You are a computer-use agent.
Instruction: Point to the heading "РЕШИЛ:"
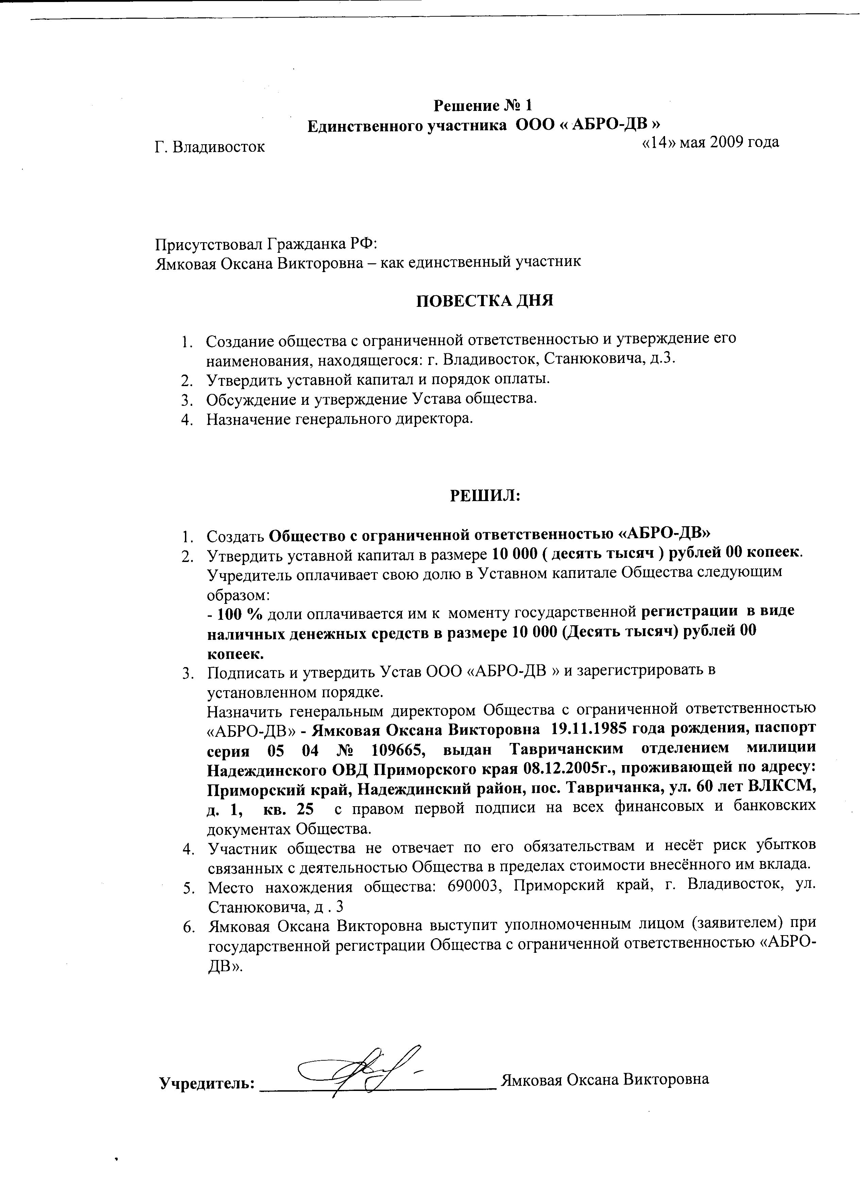click(484, 496)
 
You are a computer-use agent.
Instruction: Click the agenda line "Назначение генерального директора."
click(337, 419)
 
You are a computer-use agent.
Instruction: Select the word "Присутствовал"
click(209, 244)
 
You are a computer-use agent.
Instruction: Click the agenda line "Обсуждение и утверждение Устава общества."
click(371, 399)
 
